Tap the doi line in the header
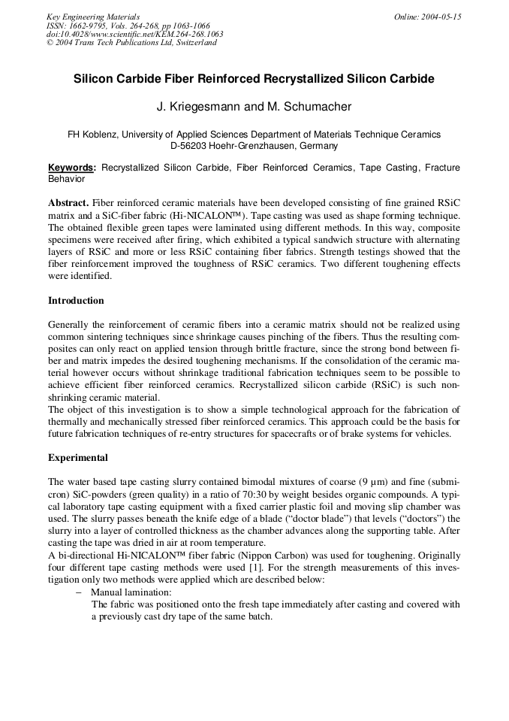point(134,34)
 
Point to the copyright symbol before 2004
point(50,43)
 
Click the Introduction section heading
point(76,301)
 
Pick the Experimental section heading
point(78,457)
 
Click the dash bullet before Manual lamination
point(80,592)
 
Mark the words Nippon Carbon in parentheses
point(271,557)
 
